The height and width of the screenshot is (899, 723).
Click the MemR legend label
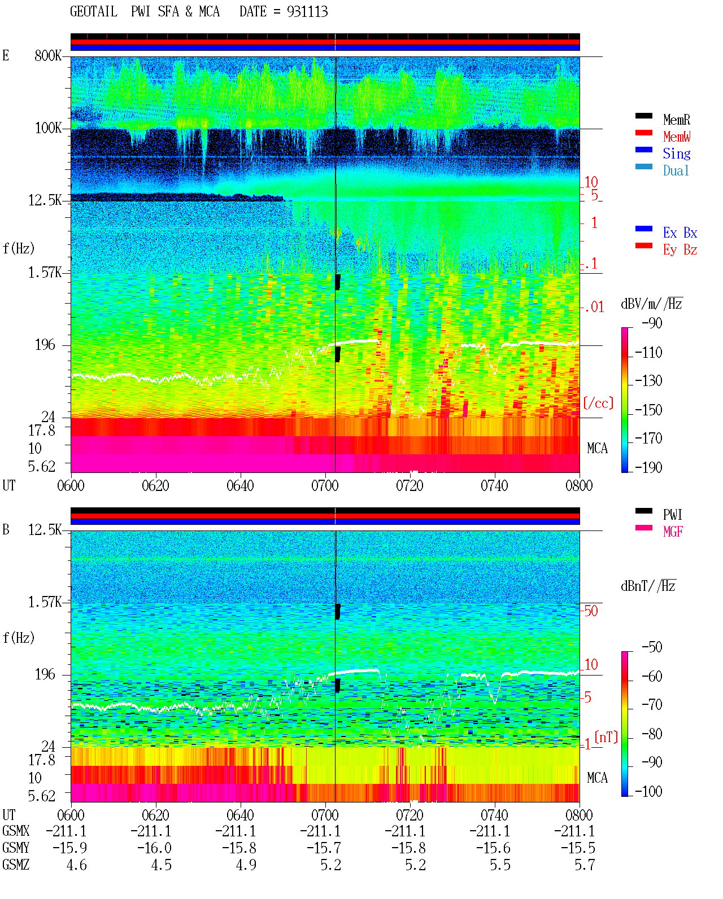pyautogui.click(x=676, y=120)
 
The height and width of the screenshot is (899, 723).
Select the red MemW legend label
pyautogui.click(x=676, y=137)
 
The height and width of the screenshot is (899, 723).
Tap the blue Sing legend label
pyautogui.click(x=676, y=154)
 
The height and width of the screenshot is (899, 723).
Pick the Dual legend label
pyautogui.click(x=676, y=170)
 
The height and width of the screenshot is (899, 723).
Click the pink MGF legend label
pyautogui.click(x=673, y=532)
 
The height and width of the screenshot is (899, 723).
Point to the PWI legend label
pyautogui.click(x=672, y=514)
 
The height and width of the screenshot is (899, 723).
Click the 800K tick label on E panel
pyautogui.click(x=48, y=55)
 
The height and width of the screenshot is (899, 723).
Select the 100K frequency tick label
pyautogui.click(x=48, y=128)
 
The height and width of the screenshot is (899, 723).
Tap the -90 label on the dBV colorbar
pyautogui.click(x=652, y=323)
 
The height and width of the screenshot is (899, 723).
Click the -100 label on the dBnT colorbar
pyautogui.click(x=648, y=791)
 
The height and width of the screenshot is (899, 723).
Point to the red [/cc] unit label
pyautogui.click(x=598, y=403)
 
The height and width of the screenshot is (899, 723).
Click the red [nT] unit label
pyautogui.click(x=606, y=737)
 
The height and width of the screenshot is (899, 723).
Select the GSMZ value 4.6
pyautogui.click(x=76, y=865)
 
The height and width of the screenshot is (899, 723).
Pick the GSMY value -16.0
pyautogui.click(x=154, y=848)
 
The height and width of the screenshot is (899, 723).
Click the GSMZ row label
pyautogui.click(x=16, y=865)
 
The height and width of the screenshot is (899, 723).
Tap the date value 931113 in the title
pyautogui.click(x=307, y=12)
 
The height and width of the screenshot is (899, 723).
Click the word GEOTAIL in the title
pyautogui.click(x=94, y=12)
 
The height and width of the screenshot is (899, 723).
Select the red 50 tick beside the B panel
pyautogui.click(x=591, y=611)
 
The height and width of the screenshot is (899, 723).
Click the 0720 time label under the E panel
pyautogui.click(x=410, y=485)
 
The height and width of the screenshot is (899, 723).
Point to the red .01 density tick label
pyautogui.click(x=594, y=308)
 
